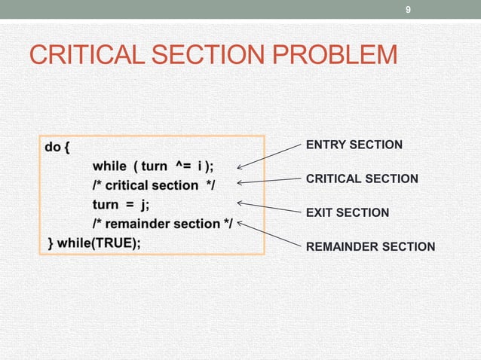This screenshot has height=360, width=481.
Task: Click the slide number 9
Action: (x=408, y=9)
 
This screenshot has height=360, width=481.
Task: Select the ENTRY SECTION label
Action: (x=354, y=145)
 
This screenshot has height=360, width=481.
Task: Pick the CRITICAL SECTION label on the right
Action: (x=361, y=179)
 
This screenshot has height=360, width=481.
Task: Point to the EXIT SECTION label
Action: (x=347, y=213)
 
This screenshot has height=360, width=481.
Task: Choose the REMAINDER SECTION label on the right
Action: (x=370, y=247)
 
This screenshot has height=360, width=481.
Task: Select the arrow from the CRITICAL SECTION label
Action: (x=269, y=181)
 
